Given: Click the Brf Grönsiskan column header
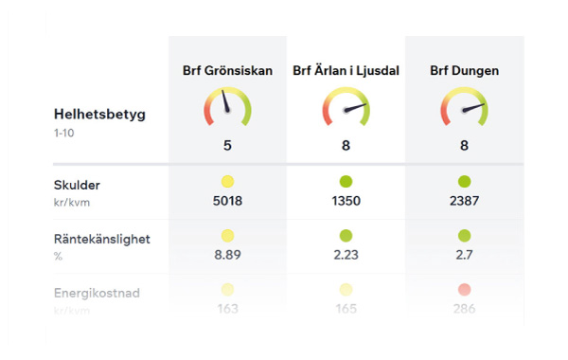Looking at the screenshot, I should coord(227,71).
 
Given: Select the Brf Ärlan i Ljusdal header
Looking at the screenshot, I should coord(346,71).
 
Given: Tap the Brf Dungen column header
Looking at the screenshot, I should coord(464,71).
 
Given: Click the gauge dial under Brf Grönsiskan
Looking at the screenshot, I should coord(227,107).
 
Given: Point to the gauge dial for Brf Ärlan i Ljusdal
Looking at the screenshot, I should coord(346,107).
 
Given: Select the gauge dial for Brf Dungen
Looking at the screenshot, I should coord(464,107).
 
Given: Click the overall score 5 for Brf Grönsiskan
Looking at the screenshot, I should coord(227,146).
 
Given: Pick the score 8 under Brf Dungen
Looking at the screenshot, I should coord(464,146).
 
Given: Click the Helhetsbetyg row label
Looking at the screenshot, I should coord(99,115).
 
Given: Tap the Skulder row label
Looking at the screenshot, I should coord(77,185).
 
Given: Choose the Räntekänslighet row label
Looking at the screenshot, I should coord(101,240).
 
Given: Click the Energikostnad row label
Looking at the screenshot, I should coord(97,294).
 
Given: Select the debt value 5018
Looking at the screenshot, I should coord(227,200).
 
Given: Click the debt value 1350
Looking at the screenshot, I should coord(346,200).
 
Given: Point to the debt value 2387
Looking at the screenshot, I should coord(464,200).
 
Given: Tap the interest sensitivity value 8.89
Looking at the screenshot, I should coord(227,254).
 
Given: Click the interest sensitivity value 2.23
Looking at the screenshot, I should coord(346,254).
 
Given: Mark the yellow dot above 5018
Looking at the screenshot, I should coord(227,181).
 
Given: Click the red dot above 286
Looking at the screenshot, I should coord(464,289).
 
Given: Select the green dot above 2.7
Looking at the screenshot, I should coord(464,235).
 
